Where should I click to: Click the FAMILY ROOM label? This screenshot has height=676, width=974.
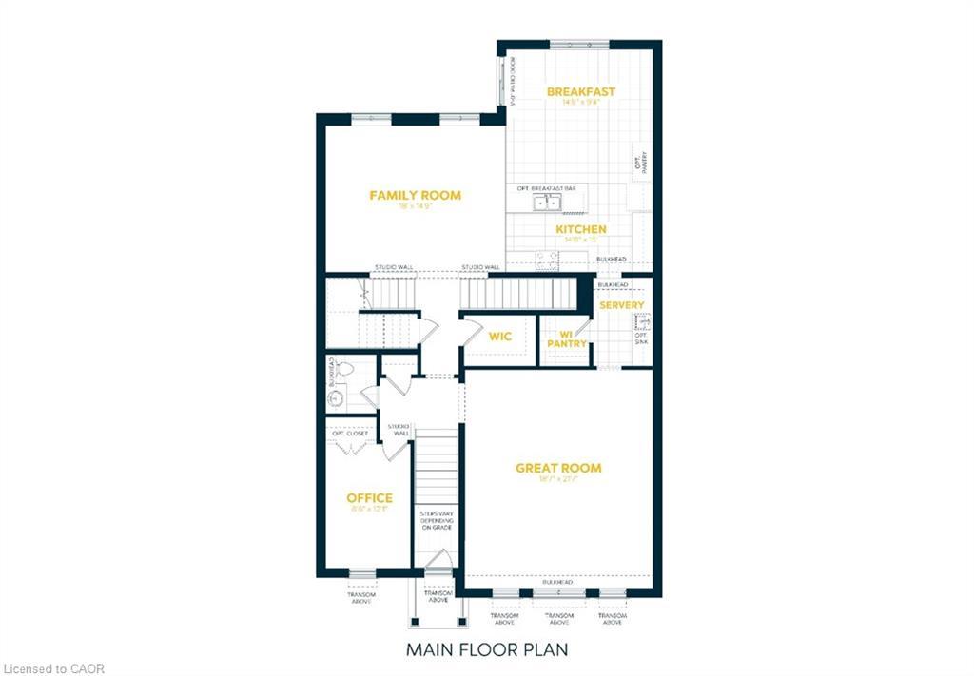point(415,196)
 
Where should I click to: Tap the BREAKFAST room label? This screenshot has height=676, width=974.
point(580,92)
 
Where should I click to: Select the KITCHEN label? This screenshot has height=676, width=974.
point(580,229)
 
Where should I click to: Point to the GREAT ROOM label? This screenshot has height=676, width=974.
point(558,468)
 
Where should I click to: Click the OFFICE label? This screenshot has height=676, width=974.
point(369,498)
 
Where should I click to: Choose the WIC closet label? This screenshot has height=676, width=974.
point(500,337)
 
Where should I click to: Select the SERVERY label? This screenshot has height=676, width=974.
point(621,305)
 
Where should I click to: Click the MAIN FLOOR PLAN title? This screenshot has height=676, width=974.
point(488,650)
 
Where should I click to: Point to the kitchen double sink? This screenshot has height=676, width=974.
point(546,202)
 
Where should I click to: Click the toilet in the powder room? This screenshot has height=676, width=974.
point(342,368)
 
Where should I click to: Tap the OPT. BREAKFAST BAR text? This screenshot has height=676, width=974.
point(546,188)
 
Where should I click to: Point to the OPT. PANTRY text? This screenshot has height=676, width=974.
point(640,163)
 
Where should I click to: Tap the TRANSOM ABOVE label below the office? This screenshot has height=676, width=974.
point(361,597)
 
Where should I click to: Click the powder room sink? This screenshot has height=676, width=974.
point(334,399)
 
